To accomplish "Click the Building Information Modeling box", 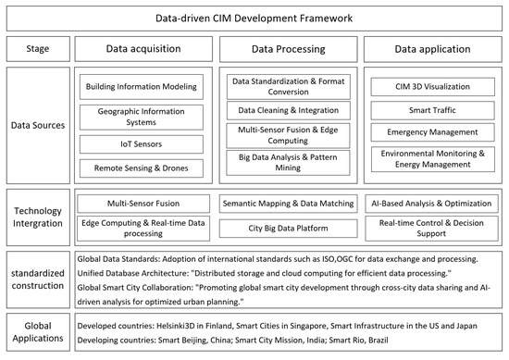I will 141,87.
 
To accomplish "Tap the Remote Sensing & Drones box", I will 141,168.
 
